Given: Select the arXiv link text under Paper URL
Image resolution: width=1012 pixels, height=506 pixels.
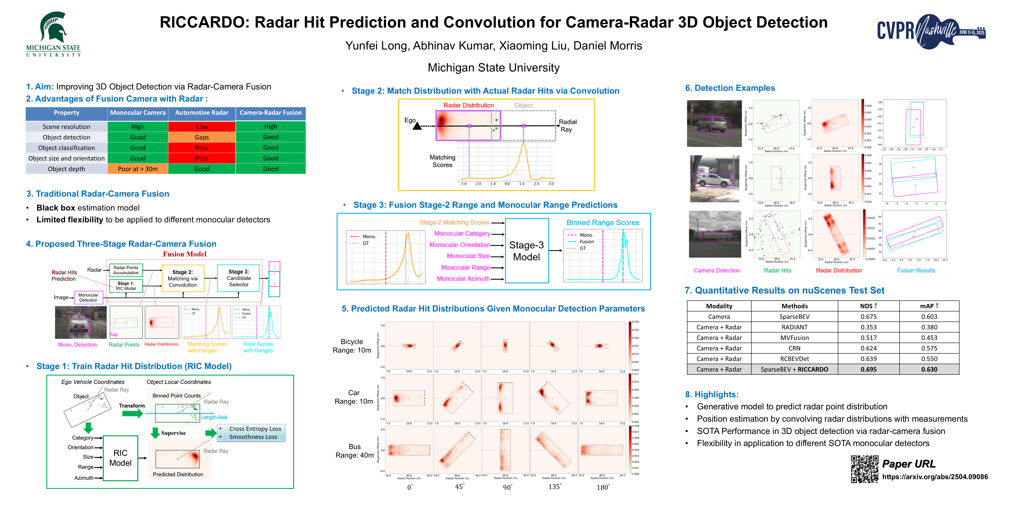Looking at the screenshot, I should pos(935,477).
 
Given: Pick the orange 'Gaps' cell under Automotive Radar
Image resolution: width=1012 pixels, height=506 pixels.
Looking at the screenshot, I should pos(202,137).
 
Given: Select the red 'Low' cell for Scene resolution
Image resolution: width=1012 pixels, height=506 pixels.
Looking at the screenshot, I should pos(202,126).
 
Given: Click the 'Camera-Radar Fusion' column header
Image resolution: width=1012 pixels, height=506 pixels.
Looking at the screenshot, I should pos(270,113).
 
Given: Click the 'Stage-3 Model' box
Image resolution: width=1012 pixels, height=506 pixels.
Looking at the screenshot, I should pos(526,251).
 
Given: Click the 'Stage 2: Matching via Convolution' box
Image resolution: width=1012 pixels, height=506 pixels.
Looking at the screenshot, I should pos(183,278).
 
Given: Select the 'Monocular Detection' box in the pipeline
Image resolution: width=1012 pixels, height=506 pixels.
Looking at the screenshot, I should pos(88,297).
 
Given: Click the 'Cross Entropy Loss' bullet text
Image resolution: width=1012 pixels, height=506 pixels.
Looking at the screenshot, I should pos(255,429).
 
